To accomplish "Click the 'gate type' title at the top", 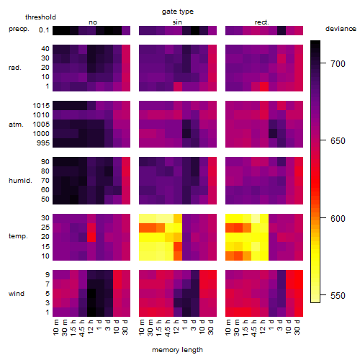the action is coord(178,12).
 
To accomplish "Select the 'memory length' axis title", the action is coord(177,350).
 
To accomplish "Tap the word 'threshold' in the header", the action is coord(40,17).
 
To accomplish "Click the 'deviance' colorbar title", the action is coord(341,29).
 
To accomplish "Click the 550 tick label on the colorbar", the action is coord(338,296).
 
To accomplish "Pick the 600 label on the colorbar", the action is coord(338,218).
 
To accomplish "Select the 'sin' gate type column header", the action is coord(177,22).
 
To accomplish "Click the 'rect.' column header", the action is coord(262,22).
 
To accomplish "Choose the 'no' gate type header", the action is coord(93,22).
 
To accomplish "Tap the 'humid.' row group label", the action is coord(20,181).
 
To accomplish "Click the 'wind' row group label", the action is coord(17,294).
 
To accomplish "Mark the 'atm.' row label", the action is coord(16,125).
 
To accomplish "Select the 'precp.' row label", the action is coord(19,29).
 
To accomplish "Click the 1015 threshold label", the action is coord(41,106).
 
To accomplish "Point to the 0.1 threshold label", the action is coord(44,30).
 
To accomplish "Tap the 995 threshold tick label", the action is coord(43,143).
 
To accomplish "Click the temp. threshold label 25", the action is coord(45,228).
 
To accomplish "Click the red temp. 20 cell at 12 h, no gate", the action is coord(91,237).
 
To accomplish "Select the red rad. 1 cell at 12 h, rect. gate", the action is coord(264,86).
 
